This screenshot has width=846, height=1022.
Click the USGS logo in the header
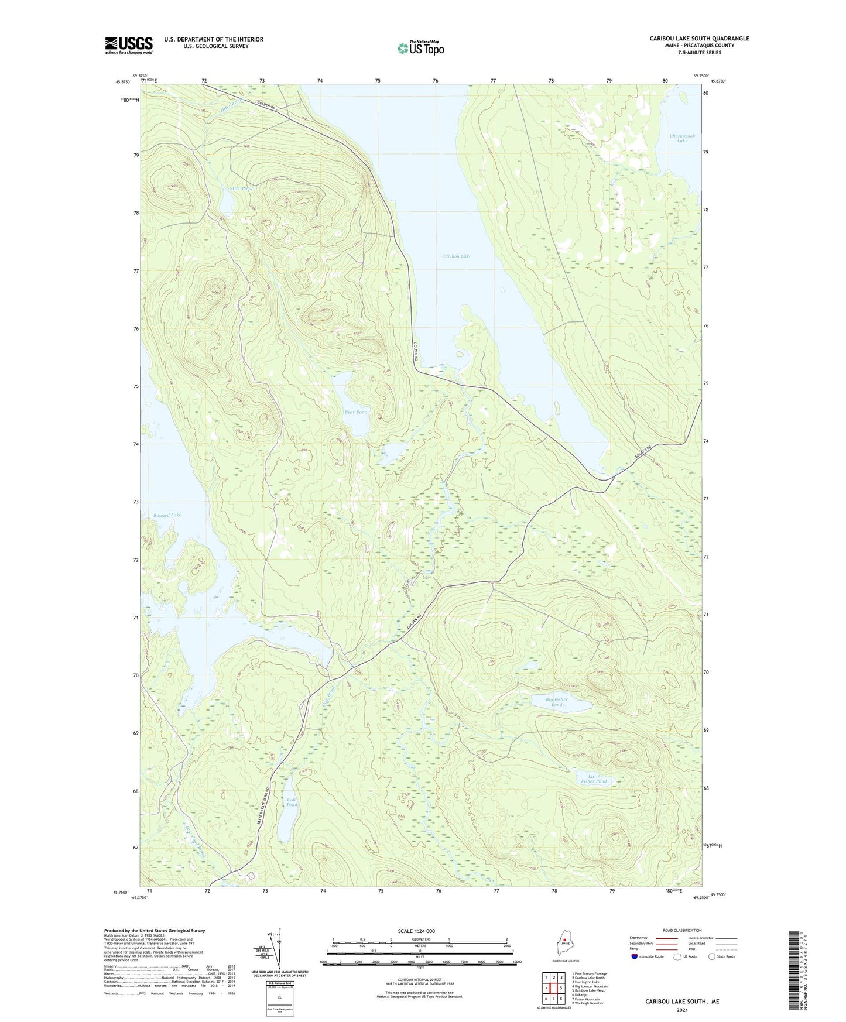[129, 45]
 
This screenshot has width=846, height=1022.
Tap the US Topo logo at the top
[420, 48]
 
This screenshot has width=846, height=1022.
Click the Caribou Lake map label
[456, 256]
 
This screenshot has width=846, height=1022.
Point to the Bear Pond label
[356, 412]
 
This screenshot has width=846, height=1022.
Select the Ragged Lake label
[167, 515]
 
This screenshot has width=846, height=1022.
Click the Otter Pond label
[241, 188]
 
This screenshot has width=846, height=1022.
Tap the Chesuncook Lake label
[682, 138]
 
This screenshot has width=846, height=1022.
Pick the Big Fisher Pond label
[556, 702]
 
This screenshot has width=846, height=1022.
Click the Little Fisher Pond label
[594, 778]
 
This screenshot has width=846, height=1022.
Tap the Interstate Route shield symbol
[635, 956]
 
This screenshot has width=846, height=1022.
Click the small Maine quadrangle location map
[565, 943]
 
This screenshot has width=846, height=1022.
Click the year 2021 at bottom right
[681, 1010]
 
